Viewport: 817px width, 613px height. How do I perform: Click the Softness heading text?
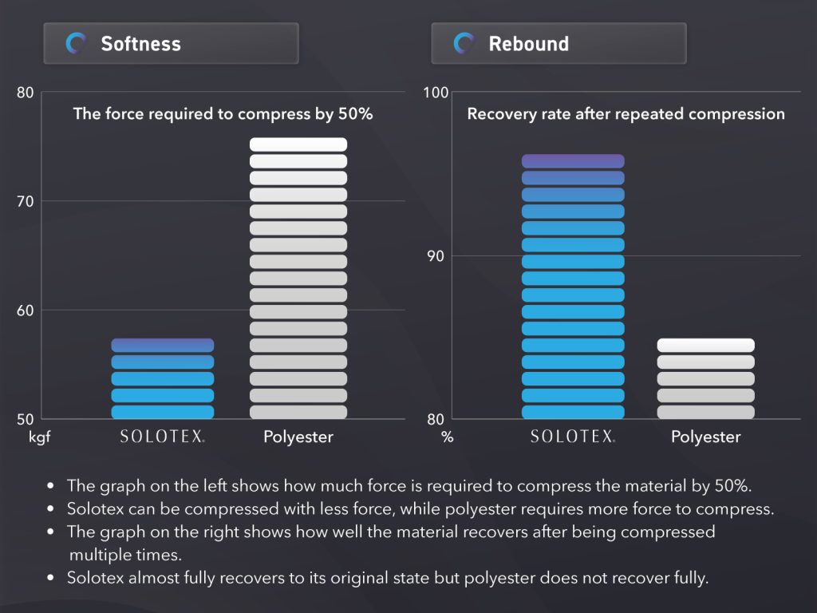click(x=140, y=43)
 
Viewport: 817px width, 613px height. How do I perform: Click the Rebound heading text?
click(x=528, y=43)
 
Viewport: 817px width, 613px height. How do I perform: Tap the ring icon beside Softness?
click(x=77, y=43)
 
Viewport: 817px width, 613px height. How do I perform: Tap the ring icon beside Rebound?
click(x=464, y=43)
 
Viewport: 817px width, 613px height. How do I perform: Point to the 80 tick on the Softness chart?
click(x=26, y=93)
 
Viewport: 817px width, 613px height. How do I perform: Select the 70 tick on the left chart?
click(x=26, y=201)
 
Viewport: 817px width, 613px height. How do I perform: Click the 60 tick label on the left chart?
click(x=26, y=310)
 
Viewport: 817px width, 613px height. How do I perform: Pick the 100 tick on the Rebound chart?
click(x=436, y=93)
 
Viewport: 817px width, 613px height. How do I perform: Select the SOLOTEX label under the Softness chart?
click(x=163, y=437)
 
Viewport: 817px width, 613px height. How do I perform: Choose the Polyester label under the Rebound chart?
click(x=705, y=437)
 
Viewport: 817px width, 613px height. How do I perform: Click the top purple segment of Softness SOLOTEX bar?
click(x=163, y=345)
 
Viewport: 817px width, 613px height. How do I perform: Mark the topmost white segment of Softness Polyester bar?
click(x=298, y=144)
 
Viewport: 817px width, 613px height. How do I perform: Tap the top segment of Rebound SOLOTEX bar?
click(x=573, y=161)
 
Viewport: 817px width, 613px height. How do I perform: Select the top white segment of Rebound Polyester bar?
click(x=705, y=345)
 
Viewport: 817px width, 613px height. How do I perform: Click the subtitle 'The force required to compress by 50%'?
click(x=223, y=114)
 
